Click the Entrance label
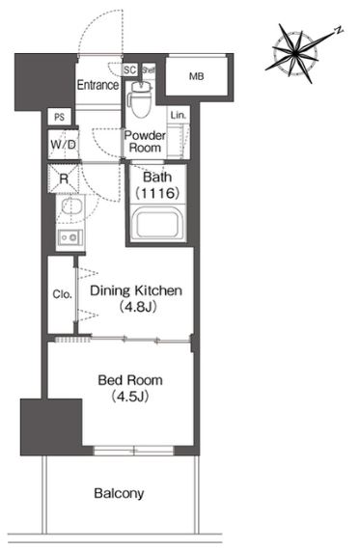tap(97, 85)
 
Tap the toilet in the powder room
tap(141, 99)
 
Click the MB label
tap(196, 76)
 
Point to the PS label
tap(60, 117)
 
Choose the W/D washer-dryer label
tap(64, 145)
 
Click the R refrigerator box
tap(64, 179)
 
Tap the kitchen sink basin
tap(71, 206)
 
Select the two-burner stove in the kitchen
tap(70, 237)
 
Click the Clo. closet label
tap(62, 294)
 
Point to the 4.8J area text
tap(137, 307)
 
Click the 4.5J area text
tap(129, 397)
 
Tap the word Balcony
tap(119, 493)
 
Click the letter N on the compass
tap(339, 30)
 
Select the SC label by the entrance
tap(129, 69)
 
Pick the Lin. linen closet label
tap(178, 115)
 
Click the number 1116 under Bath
tap(158, 193)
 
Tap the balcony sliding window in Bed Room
tap(133, 450)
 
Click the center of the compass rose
tap(294, 54)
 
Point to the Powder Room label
tap(145, 141)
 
